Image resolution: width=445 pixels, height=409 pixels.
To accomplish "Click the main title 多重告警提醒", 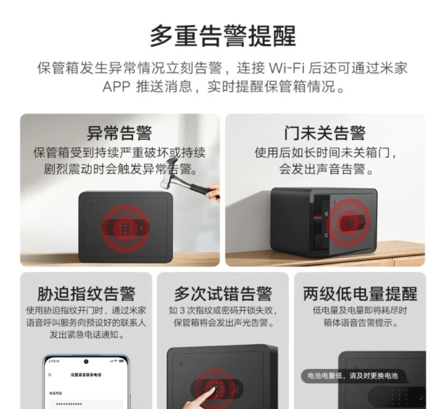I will [222, 36].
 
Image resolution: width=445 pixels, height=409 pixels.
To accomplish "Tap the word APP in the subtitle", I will [116, 87].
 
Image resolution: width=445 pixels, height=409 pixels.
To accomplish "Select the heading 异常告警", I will [119, 133].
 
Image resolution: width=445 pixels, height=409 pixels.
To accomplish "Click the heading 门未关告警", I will [324, 133].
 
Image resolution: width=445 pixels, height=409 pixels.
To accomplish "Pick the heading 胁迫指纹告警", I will [86, 294].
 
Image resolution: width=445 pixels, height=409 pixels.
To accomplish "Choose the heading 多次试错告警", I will [223, 294].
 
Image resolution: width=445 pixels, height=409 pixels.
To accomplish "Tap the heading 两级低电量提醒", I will [360, 294].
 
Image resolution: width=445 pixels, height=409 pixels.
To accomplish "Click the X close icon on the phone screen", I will [50, 375].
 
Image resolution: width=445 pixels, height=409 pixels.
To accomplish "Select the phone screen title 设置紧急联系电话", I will [86, 375].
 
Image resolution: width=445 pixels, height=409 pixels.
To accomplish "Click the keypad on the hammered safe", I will [125, 226].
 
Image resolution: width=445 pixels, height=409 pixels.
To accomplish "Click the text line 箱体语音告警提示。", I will [360, 323].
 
